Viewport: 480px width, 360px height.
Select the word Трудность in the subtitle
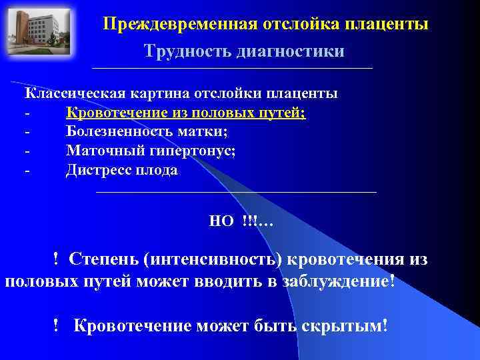coord(187,51)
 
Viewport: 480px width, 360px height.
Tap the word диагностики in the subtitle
coord(290,51)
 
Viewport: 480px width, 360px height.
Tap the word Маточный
coord(98,151)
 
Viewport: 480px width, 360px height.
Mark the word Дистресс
coord(97,170)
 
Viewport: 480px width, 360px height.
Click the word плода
coord(157,170)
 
